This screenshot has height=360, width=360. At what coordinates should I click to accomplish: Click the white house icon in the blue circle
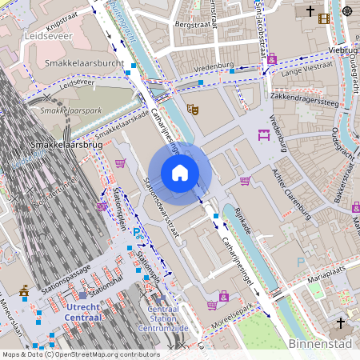pyautogui.click(x=180, y=173)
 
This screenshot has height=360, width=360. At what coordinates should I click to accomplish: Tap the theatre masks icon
pyautogui.click(x=192, y=109)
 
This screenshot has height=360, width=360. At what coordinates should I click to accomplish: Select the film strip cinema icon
pyautogui.click(x=324, y=18)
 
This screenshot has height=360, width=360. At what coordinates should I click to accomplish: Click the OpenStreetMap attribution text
pyautogui.click(x=80, y=354)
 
